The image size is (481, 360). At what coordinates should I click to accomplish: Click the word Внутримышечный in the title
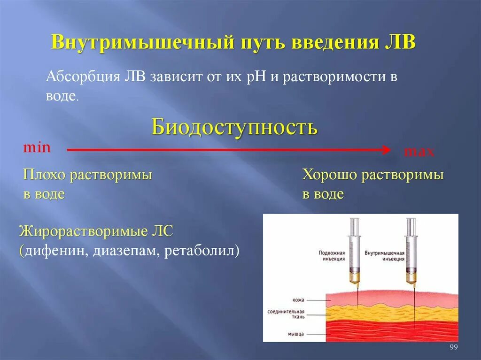click(142, 42)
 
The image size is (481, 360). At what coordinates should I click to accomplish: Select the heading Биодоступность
click(234, 127)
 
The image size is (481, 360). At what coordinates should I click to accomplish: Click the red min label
click(37, 147)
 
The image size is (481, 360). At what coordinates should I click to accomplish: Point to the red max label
click(419, 152)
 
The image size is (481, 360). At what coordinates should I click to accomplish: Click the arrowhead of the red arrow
click(387, 150)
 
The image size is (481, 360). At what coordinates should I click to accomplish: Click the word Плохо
click(45, 176)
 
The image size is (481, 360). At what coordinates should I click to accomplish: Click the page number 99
click(453, 347)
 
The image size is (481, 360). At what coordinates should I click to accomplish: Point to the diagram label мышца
click(296, 334)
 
